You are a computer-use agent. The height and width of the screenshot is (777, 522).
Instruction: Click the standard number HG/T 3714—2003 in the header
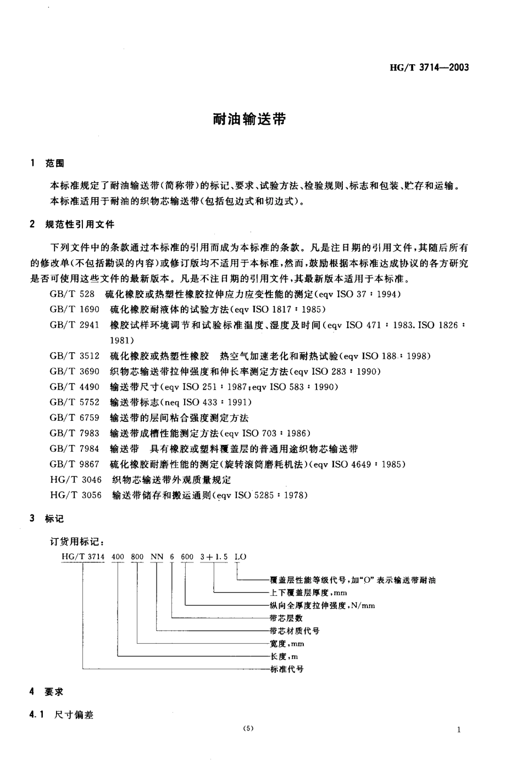429,68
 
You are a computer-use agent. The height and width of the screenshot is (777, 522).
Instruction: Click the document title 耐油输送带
249,119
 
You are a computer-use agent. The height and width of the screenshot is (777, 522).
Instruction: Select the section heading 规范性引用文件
80,224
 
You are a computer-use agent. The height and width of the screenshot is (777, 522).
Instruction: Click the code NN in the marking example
157,556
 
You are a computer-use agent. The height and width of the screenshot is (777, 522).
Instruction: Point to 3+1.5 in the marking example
214,556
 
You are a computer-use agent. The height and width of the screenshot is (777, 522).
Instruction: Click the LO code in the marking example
240,556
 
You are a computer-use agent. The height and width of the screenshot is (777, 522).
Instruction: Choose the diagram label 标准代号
287,669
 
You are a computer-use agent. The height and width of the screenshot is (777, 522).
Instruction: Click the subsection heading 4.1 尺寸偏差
62,714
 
